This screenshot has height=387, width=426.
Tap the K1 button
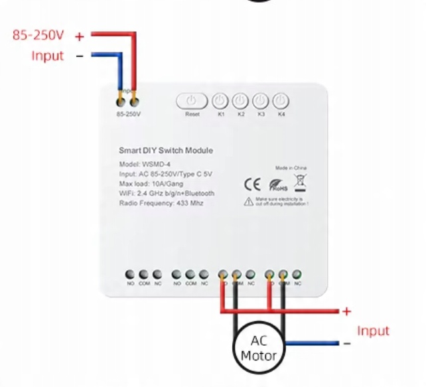click(x=220, y=102)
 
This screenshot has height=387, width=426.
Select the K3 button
click(x=261, y=102)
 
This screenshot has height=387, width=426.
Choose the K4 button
click(x=281, y=102)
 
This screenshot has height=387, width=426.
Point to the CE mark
click(x=253, y=183)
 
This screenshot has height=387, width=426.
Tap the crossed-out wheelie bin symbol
click(x=300, y=183)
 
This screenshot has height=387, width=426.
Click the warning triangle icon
click(x=248, y=200)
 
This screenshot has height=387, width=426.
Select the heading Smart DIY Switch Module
click(x=165, y=151)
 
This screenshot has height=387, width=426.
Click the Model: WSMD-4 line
click(x=146, y=164)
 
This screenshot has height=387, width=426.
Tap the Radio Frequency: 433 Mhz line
click(x=161, y=202)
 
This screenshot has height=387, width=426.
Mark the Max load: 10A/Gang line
click(x=152, y=183)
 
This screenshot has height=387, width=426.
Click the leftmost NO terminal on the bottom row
click(x=130, y=274)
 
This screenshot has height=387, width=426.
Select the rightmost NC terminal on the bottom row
click(x=297, y=274)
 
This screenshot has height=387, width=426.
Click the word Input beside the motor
click(x=373, y=331)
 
